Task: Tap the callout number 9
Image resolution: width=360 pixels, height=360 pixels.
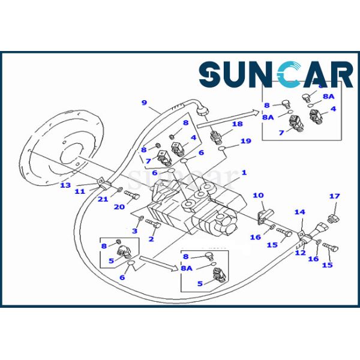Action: pyautogui.click(x=144, y=103)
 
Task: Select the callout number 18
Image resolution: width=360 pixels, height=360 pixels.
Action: pyautogui.click(x=238, y=124)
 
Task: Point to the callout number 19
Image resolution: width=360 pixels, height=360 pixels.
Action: pyautogui.click(x=245, y=142)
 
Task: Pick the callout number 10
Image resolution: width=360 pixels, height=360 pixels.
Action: pyautogui.click(x=258, y=195)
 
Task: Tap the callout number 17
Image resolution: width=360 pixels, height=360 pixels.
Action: pyautogui.click(x=334, y=197)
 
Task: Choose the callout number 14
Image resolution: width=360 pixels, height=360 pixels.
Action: pyautogui.click(x=299, y=212)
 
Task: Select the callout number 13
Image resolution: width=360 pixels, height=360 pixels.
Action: pyautogui.click(x=65, y=185)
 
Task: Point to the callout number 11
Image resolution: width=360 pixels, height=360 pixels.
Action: pyautogui.click(x=80, y=191)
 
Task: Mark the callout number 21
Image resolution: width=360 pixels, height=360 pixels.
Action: pyautogui.click(x=103, y=199)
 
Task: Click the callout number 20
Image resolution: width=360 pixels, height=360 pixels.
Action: pyautogui.click(x=119, y=207)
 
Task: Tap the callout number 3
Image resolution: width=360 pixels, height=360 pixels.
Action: pyautogui.click(x=134, y=230)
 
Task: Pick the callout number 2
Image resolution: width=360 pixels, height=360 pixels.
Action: pyautogui.click(x=151, y=239)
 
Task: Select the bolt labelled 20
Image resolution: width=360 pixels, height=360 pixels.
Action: pyautogui.click(x=132, y=195)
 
